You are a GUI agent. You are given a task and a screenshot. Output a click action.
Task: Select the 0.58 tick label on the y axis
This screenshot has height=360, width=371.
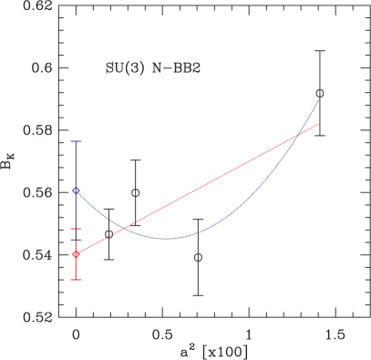35,130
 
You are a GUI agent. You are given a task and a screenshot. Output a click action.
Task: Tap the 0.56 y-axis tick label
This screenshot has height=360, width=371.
35,193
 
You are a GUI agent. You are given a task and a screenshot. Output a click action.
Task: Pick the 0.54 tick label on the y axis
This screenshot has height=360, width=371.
35,255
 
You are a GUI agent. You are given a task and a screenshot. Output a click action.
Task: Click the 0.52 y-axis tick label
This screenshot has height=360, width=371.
35,317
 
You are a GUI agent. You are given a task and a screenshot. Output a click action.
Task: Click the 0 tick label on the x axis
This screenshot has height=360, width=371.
76,335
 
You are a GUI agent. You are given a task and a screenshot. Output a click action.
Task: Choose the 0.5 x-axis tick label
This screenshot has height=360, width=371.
162,335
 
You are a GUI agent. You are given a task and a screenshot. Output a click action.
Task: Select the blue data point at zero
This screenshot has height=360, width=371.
76,190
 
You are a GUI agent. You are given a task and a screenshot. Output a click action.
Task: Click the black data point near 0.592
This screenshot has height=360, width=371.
319,93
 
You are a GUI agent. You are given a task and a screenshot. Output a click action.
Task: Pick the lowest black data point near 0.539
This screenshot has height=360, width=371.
198,257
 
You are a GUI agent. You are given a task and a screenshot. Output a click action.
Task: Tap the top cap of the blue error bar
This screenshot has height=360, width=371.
76,141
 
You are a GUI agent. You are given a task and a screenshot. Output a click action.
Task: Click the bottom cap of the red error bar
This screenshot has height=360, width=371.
76,280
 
